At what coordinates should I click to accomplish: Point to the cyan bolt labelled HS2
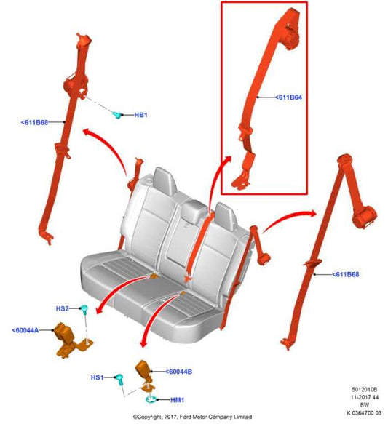tap(84, 311)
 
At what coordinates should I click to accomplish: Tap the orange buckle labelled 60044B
tap(142, 372)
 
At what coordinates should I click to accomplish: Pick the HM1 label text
tap(178, 399)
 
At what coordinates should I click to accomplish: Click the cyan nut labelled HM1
tap(151, 399)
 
